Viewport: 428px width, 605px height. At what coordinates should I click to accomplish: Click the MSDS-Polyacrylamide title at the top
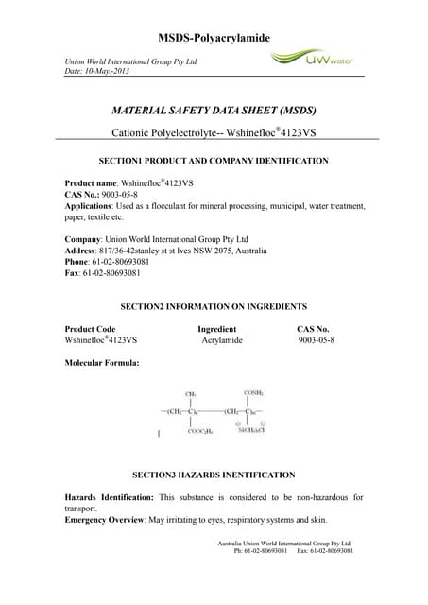(214, 37)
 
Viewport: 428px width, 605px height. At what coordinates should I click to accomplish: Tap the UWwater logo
(311, 60)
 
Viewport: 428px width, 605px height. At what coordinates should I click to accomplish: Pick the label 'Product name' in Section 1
(91, 181)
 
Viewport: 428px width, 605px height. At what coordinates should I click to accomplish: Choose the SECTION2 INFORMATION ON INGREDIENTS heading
(214, 307)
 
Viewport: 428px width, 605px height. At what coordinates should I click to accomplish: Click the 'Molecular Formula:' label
(102, 363)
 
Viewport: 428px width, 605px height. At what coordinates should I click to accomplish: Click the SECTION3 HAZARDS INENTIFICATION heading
(214, 474)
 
